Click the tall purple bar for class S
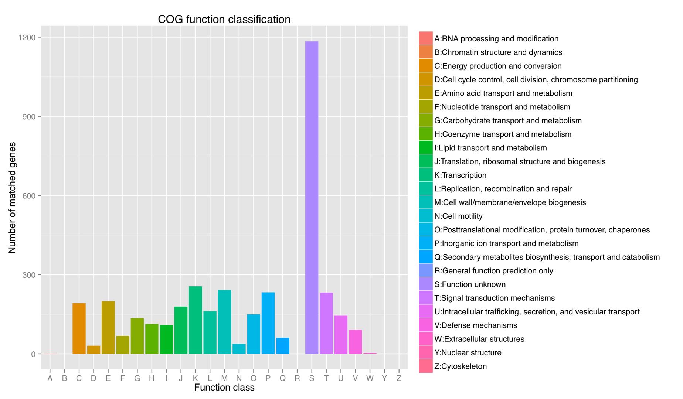(312, 198)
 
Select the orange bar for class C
(79, 328)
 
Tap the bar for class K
(196, 320)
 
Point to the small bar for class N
(239, 349)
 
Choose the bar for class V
(355, 342)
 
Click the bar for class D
(94, 349)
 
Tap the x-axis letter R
(297, 378)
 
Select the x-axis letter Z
(399, 378)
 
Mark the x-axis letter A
(50, 378)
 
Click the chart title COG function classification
(224, 19)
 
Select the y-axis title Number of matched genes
(12, 198)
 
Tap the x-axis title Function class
(224, 388)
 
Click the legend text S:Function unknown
(470, 284)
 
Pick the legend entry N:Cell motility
(458, 216)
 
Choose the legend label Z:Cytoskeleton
(461, 366)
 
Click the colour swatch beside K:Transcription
(426, 175)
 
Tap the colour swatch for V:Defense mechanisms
(426, 325)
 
